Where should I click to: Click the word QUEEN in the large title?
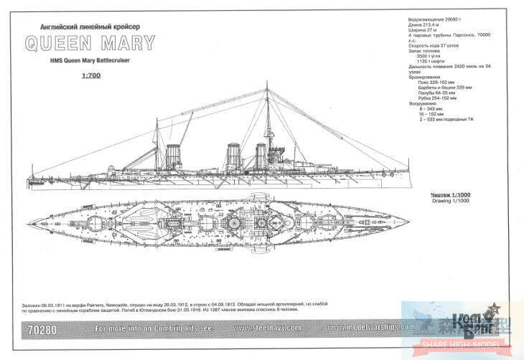click(x=60, y=42)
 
